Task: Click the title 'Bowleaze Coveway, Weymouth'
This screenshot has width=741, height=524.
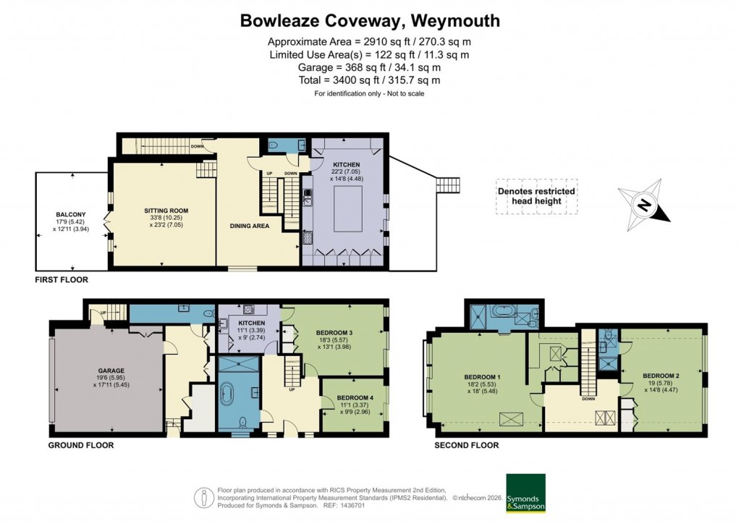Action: (370, 20)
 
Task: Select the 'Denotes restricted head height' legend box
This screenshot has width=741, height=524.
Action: (536, 196)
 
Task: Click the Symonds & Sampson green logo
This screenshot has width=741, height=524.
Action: (526, 493)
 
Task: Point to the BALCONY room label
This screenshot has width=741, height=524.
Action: (71, 214)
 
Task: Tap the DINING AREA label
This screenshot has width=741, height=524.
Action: (250, 226)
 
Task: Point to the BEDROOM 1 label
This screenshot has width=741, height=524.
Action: (483, 377)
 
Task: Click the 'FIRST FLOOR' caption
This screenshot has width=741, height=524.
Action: (62, 279)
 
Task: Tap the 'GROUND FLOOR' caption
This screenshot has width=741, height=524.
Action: (80, 445)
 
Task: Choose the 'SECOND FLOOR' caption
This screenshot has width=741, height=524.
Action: (466, 445)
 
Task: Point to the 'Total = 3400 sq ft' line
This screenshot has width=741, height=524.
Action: (370, 80)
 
